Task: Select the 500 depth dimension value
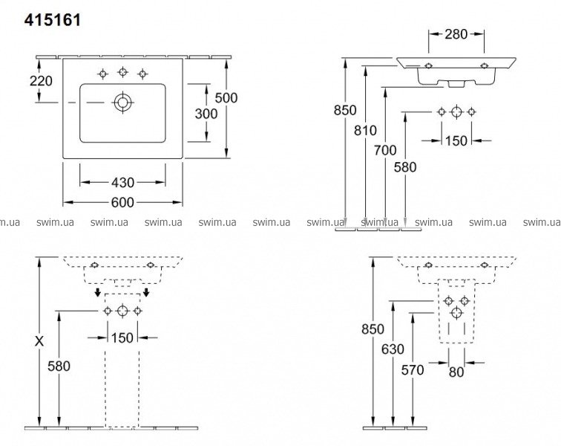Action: point(226,97)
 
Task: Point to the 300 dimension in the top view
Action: point(205,113)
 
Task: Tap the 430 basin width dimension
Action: point(123,182)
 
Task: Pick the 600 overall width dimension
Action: point(123,202)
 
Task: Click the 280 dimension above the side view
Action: point(456,33)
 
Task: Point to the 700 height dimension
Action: point(385,149)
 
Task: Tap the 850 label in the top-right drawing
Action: point(345,110)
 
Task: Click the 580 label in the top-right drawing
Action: point(405,167)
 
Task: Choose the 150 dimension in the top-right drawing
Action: point(456,140)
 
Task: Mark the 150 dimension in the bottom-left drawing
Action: point(122,337)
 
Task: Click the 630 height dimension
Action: point(393,349)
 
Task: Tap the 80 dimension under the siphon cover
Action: point(456,372)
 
